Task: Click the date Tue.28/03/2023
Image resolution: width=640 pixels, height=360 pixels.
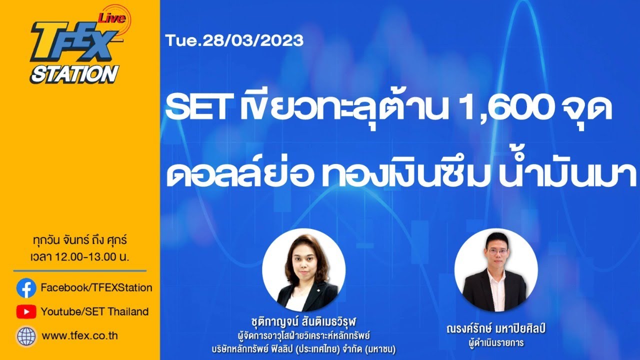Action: (x=235, y=40)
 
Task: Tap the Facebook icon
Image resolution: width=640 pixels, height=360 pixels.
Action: (x=26, y=287)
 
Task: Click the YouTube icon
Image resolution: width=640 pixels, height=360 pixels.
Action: (x=26, y=312)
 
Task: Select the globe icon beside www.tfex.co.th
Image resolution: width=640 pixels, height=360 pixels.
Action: (x=26, y=336)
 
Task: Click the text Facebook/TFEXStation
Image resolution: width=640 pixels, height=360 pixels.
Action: (x=96, y=287)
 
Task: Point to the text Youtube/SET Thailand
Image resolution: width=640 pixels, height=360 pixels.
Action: (x=94, y=312)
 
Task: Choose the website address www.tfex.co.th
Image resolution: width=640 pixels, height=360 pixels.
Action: (x=80, y=336)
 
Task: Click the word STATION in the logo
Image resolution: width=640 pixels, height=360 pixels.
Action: (x=74, y=74)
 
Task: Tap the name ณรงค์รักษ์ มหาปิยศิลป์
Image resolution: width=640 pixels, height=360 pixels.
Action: (x=496, y=329)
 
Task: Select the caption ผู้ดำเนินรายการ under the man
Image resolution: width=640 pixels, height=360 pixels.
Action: (x=496, y=343)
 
